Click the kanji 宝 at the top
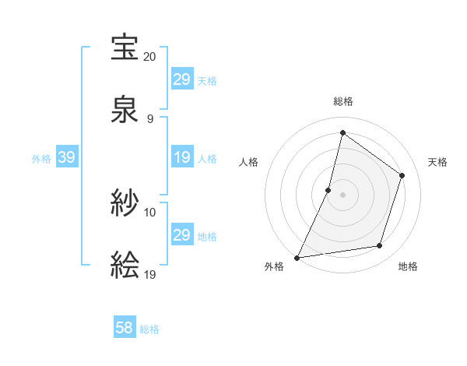[125, 48]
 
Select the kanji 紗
[125, 204]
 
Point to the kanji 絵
[125, 265]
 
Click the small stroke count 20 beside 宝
[150, 57]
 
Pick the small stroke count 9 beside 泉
[149, 118]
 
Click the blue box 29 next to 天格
[181, 79]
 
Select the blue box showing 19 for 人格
[181, 158]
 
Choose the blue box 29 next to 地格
[181, 235]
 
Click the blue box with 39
[66, 158]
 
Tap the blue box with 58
[125, 328]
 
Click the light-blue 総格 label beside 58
[149, 329]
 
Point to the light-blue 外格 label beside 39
[41, 159]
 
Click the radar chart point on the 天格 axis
[402, 175]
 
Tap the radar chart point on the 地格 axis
[380, 246]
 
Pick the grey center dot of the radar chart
[342, 195]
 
